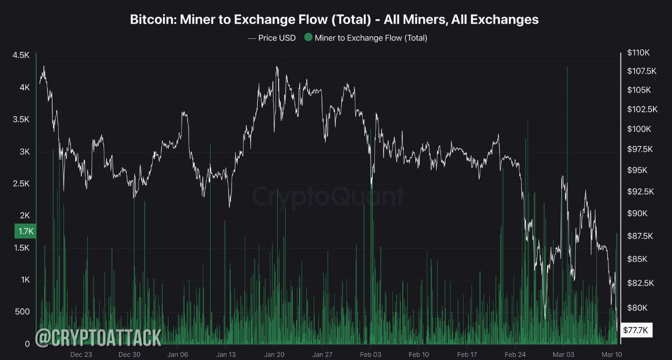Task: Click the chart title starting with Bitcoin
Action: [334, 19]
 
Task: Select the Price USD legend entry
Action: [272, 38]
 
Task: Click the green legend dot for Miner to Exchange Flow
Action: [308, 37]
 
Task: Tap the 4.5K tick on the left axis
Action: [21, 55]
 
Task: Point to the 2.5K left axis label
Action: [21, 184]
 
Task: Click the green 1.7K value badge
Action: [26, 231]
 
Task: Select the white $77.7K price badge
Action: [636, 330]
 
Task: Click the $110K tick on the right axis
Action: [638, 53]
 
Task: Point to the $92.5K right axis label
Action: [640, 192]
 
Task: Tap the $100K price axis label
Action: [639, 129]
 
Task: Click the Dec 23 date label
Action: [81, 355]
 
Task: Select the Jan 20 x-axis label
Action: [274, 355]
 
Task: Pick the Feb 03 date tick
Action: [371, 355]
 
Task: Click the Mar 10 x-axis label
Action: [612, 355]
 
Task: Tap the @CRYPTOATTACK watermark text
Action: [98, 338]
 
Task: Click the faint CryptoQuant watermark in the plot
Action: [328, 196]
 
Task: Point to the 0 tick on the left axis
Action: [27, 344]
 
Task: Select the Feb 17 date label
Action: [467, 355]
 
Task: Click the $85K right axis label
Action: [637, 259]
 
